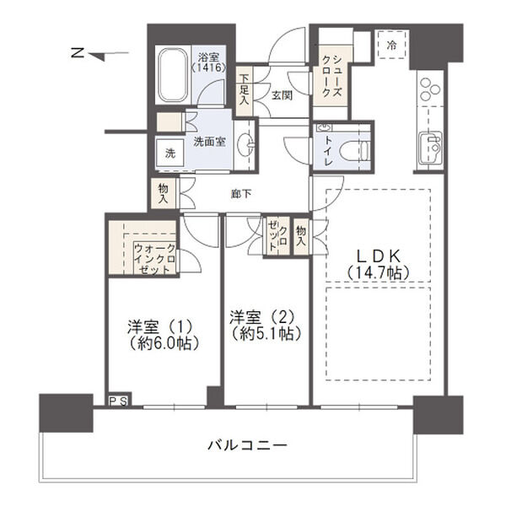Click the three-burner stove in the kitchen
click(x=429, y=89)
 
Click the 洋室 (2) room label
click(x=265, y=324)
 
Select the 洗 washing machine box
click(x=170, y=153)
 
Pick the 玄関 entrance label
click(x=281, y=94)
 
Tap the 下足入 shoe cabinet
click(x=243, y=89)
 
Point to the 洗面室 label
click(x=209, y=142)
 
